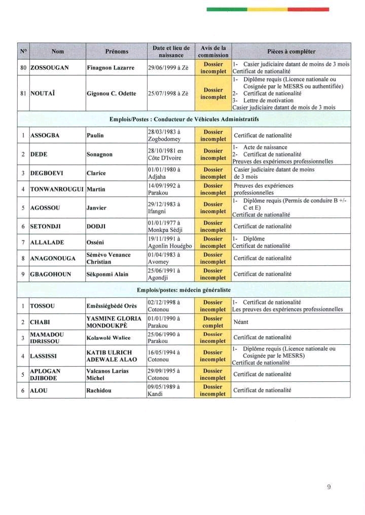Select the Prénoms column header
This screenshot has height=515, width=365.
[117, 51]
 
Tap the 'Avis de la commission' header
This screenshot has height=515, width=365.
[213, 51]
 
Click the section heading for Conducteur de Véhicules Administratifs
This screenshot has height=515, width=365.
[184, 119]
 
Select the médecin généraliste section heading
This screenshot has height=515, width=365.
[184, 290]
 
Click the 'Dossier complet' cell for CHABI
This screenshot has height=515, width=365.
[213, 322]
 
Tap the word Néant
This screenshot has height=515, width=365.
[241, 322]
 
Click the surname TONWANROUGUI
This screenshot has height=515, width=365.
[57, 189]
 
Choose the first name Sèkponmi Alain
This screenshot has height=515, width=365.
[107, 274]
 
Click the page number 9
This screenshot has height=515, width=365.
[329, 487]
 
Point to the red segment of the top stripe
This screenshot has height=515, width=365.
[308, 9]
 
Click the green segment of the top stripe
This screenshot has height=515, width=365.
[227, 9]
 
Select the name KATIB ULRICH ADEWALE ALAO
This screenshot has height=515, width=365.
[112, 356]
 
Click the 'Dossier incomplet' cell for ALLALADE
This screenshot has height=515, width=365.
[213, 242]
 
